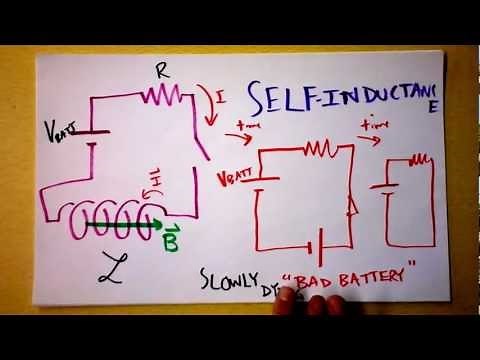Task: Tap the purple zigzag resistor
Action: (158, 94)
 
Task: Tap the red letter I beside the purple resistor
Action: (221, 96)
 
